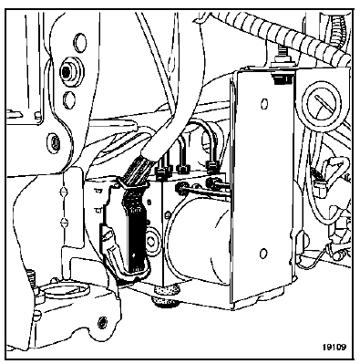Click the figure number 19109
(334, 348)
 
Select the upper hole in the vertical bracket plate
(264, 104)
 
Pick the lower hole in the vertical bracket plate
(263, 253)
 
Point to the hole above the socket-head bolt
(80, 43)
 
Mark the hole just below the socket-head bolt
(69, 99)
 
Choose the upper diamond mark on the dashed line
(64, 192)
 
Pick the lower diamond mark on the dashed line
(64, 222)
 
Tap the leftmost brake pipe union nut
(161, 172)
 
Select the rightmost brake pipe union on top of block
(212, 167)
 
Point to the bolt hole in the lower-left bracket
(102, 321)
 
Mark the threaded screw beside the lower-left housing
(32, 278)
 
